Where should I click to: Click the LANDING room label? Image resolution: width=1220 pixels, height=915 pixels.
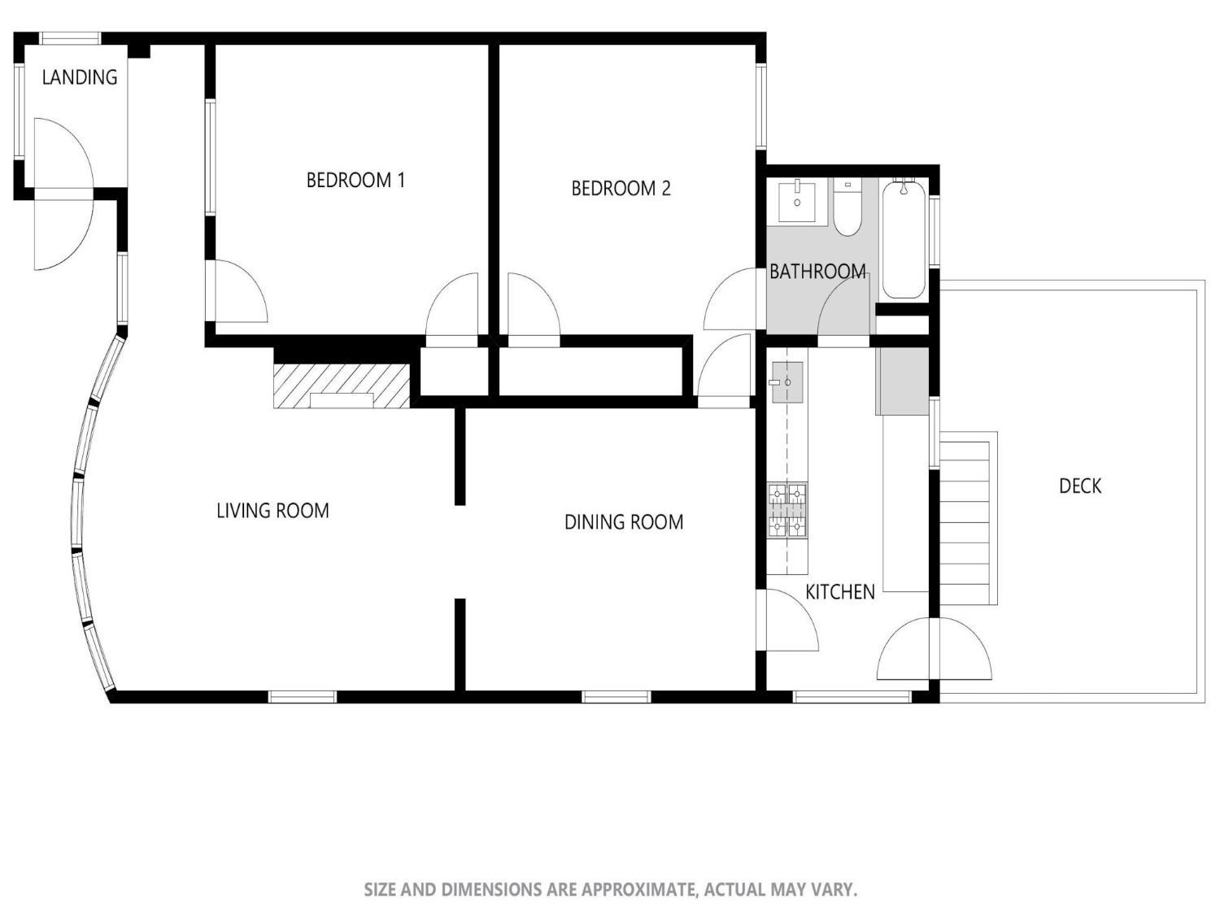79,77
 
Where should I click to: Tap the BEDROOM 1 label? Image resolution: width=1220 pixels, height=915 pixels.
355,180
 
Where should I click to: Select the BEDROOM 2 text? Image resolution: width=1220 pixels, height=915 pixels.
621,189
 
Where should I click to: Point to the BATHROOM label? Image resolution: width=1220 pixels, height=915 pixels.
817,271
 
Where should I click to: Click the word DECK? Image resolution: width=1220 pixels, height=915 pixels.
1080,486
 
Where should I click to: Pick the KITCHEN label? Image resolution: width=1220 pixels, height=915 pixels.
839,592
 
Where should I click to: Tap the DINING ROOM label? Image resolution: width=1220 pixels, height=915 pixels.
624,522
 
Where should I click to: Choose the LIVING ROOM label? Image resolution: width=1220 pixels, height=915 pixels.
272,511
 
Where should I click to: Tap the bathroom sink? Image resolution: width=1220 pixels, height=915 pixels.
797,200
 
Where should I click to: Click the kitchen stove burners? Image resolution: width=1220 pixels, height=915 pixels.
787,511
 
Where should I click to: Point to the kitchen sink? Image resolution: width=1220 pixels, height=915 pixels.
786,382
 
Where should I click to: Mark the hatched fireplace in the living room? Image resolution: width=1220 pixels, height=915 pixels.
342,386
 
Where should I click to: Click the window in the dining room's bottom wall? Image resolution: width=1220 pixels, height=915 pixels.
616,696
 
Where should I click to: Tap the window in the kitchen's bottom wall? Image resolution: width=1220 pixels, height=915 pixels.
852,696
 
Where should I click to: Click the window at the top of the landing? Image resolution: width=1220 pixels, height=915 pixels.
71,37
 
